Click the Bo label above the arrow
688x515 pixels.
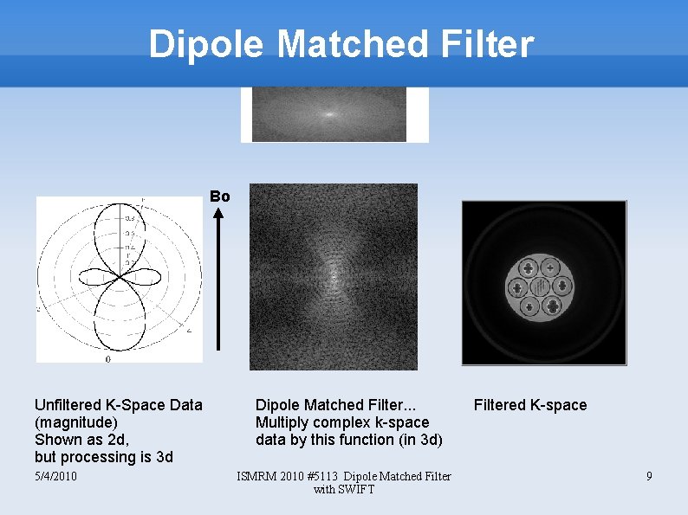coord(220,196)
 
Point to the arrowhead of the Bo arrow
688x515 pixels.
coord(219,216)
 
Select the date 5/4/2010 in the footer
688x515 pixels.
coord(55,476)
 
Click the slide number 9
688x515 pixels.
coord(648,476)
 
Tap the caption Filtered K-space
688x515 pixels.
coord(530,405)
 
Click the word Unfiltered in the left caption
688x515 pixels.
coord(68,405)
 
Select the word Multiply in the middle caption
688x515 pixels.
coord(281,422)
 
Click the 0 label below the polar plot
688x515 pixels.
coord(107,358)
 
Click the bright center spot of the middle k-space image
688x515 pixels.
coord(334,277)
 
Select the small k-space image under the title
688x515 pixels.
coord(329,114)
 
